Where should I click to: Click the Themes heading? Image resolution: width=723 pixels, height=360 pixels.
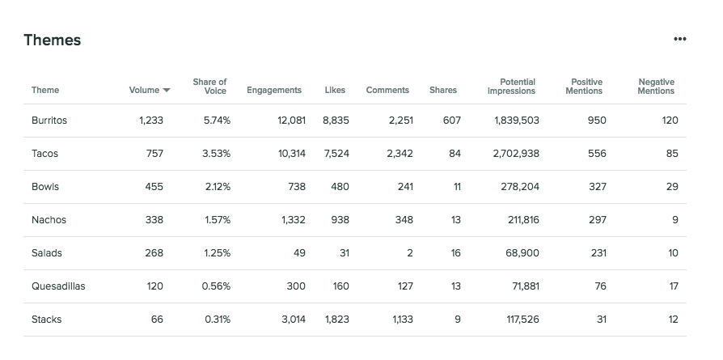tap(53, 40)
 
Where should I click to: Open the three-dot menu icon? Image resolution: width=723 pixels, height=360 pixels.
tap(679, 39)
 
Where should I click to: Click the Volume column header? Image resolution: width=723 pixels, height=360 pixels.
tap(144, 91)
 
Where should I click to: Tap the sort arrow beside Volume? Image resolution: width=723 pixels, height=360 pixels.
tap(167, 91)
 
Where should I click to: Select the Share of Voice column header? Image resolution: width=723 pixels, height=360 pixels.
tap(209, 87)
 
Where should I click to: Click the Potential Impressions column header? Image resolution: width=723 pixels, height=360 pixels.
tap(512, 87)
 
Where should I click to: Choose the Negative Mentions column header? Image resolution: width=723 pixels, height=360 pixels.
tap(656, 87)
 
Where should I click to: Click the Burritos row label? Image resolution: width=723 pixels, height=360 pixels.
tap(49, 121)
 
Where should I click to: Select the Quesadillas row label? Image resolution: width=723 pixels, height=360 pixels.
tap(58, 286)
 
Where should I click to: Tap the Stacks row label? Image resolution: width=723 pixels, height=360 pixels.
tap(46, 320)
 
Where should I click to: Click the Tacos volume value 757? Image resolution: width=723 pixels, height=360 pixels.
tap(154, 154)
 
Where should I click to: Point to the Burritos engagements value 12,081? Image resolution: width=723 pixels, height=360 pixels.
tap(291, 121)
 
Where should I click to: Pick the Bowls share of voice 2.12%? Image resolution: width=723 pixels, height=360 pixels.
tap(218, 187)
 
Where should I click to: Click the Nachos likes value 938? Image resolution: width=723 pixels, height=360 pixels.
tap(340, 220)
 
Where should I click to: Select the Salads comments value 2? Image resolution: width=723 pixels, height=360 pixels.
tap(410, 253)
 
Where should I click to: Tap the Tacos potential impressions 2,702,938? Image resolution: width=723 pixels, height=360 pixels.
tap(516, 154)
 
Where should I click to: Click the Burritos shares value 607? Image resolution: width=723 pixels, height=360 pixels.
tap(452, 121)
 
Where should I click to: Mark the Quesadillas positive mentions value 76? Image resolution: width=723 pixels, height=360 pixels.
tap(599, 286)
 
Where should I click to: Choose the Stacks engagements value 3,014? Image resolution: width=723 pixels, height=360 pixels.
tap(294, 320)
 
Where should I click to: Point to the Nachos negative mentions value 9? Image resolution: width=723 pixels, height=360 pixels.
tap(675, 220)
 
